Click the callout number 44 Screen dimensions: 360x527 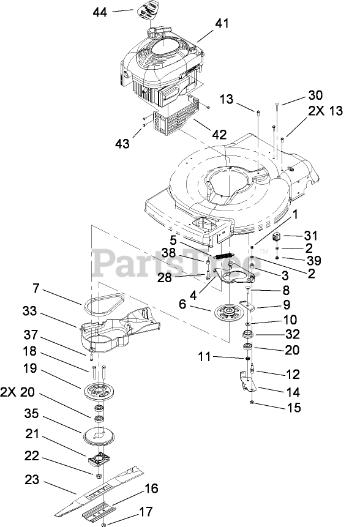click(100, 12)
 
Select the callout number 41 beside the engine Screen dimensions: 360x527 click(222, 23)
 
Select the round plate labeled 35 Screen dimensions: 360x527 click(99, 436)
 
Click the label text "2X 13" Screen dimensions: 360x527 click(325, 110)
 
